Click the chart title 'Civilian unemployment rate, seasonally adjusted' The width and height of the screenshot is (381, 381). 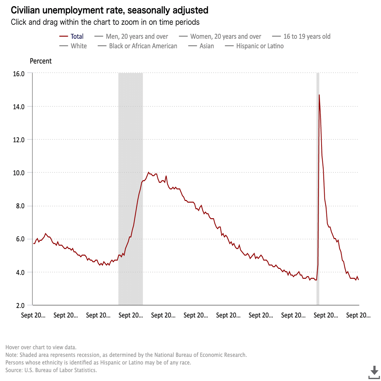[x=110, y=10]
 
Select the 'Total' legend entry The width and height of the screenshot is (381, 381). [x=77, y=37]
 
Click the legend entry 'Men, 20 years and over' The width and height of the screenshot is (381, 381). [x=137, y=37]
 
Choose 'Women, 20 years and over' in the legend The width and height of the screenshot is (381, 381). [x=225, y=37]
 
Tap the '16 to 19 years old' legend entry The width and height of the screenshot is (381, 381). [x=307, y=37]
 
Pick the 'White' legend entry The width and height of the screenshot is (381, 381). [x=79, y=46]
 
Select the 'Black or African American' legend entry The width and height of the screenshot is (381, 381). [x=143, y=46]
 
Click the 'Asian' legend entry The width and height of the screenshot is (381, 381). [x=207, y=46]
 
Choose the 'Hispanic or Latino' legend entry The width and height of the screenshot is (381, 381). [x=260, y=46]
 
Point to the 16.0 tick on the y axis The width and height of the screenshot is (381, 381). [x=19, y=74]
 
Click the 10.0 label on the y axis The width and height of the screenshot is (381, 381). [x=19, y=173]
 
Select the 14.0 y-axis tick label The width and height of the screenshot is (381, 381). [x=19, y=107]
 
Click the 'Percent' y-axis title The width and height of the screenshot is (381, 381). [x=41, y=61]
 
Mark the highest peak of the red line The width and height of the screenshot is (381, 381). [x=319, y=95]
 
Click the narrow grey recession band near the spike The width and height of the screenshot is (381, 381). [x=317, y=190]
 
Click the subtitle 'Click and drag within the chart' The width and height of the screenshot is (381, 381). [x=105, y=22]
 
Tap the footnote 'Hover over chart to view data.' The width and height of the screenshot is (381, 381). [x=41, y=347]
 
